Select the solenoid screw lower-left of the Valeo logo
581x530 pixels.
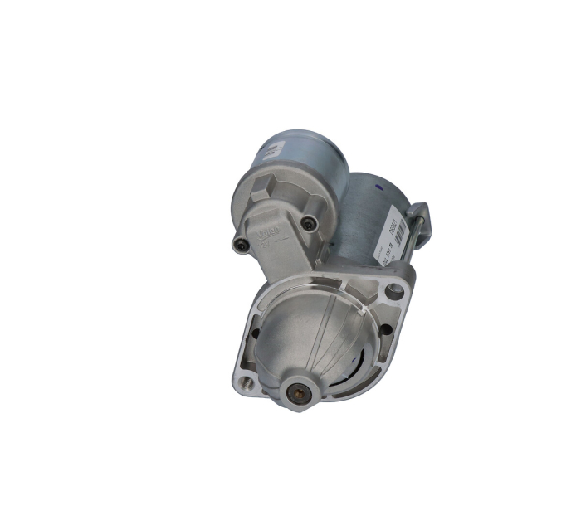(241, 244)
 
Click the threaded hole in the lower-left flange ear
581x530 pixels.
(245, 384)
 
